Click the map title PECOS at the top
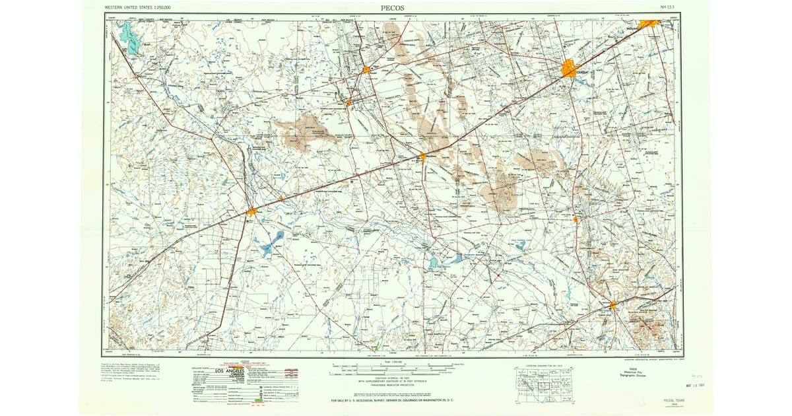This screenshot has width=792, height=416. pyautogui.click(x=393, y=7)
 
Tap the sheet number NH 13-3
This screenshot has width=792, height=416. pyautogui.click(x=667, y=7)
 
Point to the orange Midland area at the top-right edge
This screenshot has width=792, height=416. pyautogui.click(x=649, y=23)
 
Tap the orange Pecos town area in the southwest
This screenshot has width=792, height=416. pyautogui.click(x=252, y=211)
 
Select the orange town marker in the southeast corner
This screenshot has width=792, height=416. pyautogui.click(x=613, y=304)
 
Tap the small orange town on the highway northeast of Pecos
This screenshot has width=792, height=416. pyautogui.click(x=281, y=197)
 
